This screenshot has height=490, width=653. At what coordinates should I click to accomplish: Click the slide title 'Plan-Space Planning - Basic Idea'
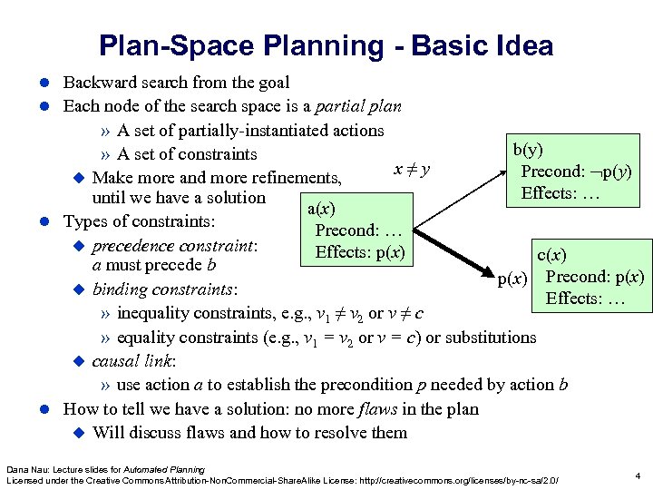point(326,44)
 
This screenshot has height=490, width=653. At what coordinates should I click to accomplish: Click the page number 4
point(638,475)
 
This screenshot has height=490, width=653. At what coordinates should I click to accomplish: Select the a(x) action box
point(356,230)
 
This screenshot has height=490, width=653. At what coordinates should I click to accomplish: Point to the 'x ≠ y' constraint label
point(411,169)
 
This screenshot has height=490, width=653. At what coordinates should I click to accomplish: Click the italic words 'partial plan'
point(357,106)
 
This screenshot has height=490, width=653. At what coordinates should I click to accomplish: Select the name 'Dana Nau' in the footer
point(24,468)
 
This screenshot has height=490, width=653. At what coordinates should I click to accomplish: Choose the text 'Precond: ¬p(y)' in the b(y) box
point(576,172)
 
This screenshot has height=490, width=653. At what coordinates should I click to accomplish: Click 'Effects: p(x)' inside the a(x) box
point(360,251)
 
